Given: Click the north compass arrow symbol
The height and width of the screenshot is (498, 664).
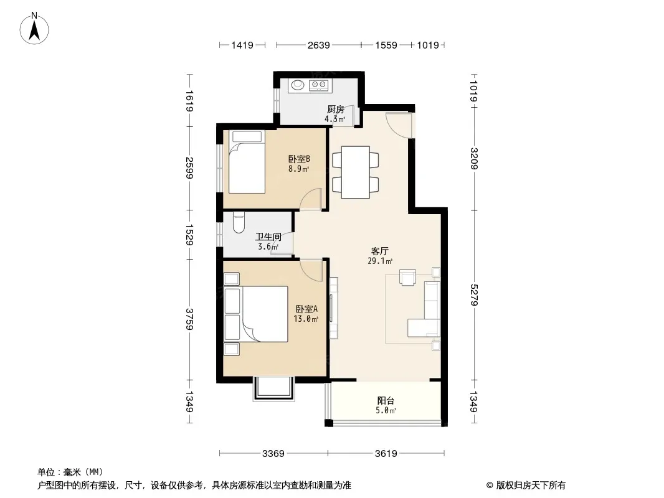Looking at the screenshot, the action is (34, 29).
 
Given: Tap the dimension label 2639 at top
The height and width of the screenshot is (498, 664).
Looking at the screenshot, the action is (318, 45).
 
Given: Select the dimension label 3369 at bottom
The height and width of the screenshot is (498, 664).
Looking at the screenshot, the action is (273, 454).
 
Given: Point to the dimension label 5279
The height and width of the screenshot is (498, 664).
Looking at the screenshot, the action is (473, 295).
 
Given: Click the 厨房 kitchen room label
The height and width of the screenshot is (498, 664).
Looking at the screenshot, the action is (335, 110).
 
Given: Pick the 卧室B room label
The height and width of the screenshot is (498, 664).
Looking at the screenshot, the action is (300, 159).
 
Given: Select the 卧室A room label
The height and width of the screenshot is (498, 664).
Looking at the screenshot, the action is (306, 309).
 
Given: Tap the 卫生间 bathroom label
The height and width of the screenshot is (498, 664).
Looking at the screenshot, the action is (268, 237).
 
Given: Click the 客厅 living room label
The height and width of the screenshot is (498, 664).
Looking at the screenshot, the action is (379, 251).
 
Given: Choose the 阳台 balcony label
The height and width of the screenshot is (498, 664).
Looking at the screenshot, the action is (386, 400).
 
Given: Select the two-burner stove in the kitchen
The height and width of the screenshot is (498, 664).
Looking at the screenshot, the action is (319, 85).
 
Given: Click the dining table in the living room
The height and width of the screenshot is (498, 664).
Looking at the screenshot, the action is (355, 172).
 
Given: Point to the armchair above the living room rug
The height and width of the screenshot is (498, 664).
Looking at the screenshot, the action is (407, 277).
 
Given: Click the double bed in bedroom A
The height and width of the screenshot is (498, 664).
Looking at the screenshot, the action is (256, 314).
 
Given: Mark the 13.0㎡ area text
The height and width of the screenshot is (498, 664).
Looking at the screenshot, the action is (306, 319).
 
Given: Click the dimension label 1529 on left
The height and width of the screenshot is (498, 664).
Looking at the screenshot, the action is (189, 235).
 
